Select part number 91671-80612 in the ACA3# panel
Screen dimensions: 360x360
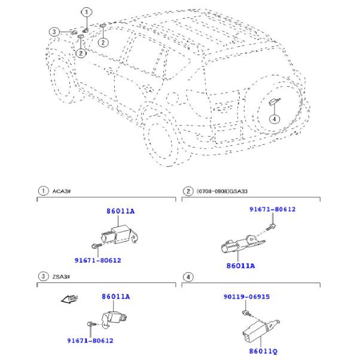(97, 260)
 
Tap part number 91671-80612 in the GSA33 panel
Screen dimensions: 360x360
(272, 209)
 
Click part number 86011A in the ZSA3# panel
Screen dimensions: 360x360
(115, 296)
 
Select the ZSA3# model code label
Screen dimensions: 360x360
(61, 276)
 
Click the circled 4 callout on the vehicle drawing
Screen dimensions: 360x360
(274, 119)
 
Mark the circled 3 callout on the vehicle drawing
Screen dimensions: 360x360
(54, 32)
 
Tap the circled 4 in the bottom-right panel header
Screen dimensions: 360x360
(189, 276)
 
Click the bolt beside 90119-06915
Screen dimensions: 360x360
(246, 313)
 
